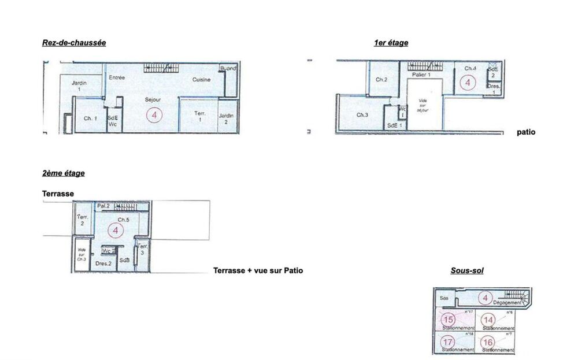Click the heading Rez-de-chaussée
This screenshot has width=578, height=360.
[x=74, y=43]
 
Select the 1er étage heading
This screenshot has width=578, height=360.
[x=391, y=43]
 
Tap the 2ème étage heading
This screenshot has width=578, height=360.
[x=64, y=173]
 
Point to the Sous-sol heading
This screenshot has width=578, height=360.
[x=467, y=270]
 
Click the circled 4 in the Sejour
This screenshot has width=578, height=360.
[x=154, y=114]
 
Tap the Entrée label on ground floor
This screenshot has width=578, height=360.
[x=117, y=77]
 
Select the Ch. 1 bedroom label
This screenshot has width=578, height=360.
[x=90, y=118]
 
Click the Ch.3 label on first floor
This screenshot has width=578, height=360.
[x=362, y=115]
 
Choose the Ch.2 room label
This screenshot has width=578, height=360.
[x=381, y=79]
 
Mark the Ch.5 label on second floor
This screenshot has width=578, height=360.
[x=124, y=220]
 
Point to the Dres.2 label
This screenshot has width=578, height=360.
[x=103, y=263]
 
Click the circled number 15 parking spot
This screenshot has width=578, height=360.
[x=449, y=319]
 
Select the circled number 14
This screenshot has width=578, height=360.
[x=488, y=320]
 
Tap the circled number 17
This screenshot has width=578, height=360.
[x=449, y=342]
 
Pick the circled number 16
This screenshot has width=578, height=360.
[x=488, y=342]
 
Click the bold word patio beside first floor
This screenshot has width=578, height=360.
[x=526, y=132]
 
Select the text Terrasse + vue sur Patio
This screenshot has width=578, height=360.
[x=258, y=270]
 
